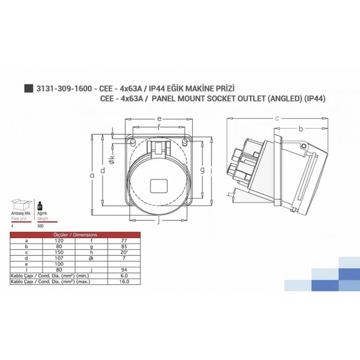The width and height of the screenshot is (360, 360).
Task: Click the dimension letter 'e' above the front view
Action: click(x=159, y=118)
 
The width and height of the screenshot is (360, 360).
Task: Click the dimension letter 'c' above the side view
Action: click(x=277, y=118)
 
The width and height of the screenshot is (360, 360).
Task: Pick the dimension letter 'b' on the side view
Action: click(x=300, y=129)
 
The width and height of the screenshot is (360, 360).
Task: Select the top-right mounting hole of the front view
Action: click(x=185, y=142)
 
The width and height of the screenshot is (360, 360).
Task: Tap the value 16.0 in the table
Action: click(x=125, y=282)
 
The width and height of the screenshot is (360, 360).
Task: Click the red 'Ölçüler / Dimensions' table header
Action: click(x=75, y=234)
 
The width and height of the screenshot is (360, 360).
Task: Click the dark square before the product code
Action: click(x=28, y=88)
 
